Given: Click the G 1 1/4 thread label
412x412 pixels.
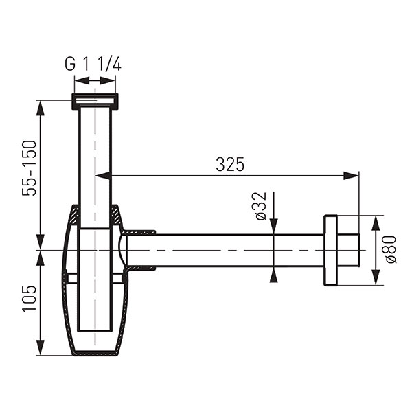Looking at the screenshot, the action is click(93, 65).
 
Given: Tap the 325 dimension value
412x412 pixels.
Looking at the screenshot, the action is click(230, 165).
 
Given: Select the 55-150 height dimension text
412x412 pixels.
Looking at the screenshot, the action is click(29, 168).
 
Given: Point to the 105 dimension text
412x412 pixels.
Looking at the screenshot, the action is click(29, 299).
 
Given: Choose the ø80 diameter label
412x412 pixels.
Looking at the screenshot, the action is click(391, 249).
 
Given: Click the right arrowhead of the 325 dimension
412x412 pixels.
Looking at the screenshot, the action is click(351, 176).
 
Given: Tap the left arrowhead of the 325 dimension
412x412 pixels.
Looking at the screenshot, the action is click(103, 176).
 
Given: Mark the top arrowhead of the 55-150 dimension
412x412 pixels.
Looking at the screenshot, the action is click(40, 108).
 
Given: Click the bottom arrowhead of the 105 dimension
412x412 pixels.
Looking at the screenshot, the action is click(40, 347).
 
